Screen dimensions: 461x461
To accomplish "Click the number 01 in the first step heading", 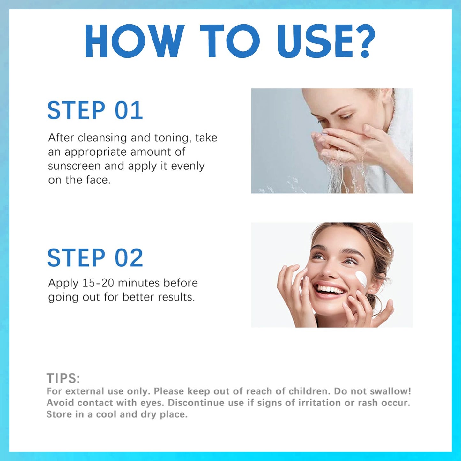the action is pyautogui.click(x=129, y=110).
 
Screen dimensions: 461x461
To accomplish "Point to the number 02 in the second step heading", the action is pyautogui.click(x=129, y=258).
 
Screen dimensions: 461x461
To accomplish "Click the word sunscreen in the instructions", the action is pyautogui.click(x=74, y=166).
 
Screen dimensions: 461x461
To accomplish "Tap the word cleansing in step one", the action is pyautogui.click(x=102, y=138).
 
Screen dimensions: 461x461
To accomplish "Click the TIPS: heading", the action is pyautogui.click(x=63, y=378).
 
